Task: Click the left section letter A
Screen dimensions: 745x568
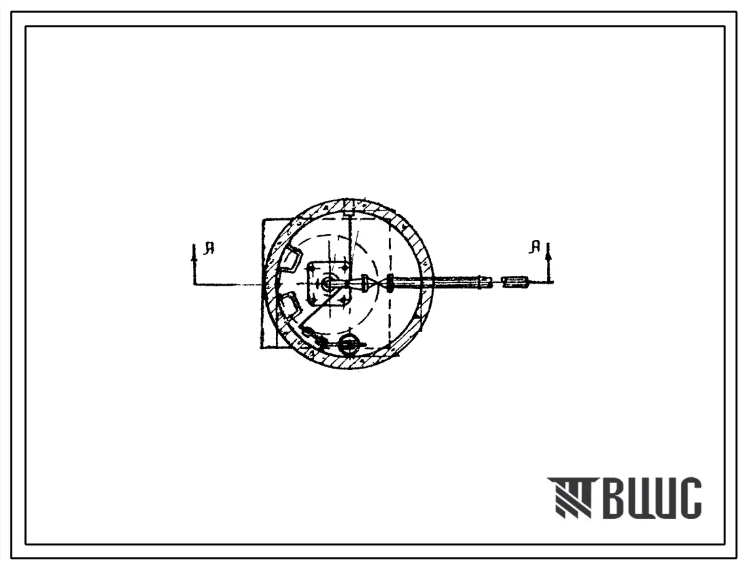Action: pyautogui.click(x=209, y=248)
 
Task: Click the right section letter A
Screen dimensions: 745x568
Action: pyautogui.click(x=536, y=246)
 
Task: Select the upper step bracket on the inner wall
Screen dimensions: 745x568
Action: pyautogui.click(x=292, y=261)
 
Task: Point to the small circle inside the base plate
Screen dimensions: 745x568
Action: pyautogui.click(x=326, y=284)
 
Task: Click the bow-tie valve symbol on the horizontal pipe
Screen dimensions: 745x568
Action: pyautogui.click(x=377, y=284)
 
